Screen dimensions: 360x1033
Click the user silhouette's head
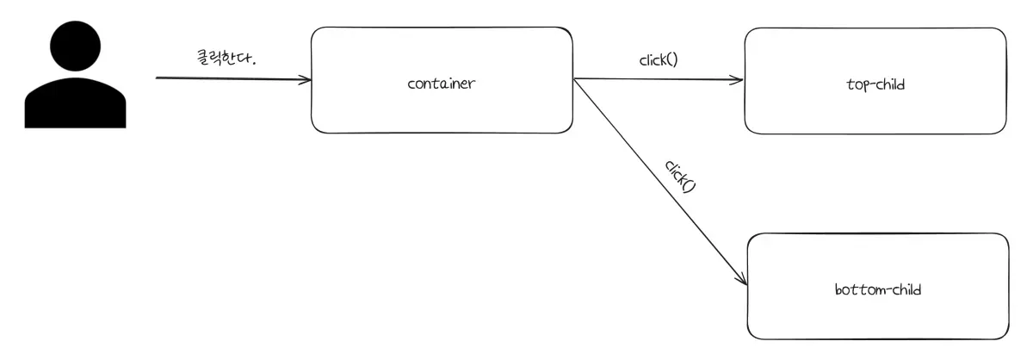click(75, 49)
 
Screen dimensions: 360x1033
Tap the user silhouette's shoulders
click(75, 109)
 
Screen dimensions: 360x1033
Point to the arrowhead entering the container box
click(306, 80)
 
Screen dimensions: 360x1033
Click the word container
click(442, 84)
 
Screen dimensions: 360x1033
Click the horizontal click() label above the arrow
click(659, 60)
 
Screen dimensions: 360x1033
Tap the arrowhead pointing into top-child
click(738, 81)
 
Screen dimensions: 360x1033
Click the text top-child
click(875, 84)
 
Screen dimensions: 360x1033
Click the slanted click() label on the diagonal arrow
click(679, 176)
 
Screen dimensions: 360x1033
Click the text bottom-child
click(877, 289)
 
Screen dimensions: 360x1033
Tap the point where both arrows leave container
click(574, 79)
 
